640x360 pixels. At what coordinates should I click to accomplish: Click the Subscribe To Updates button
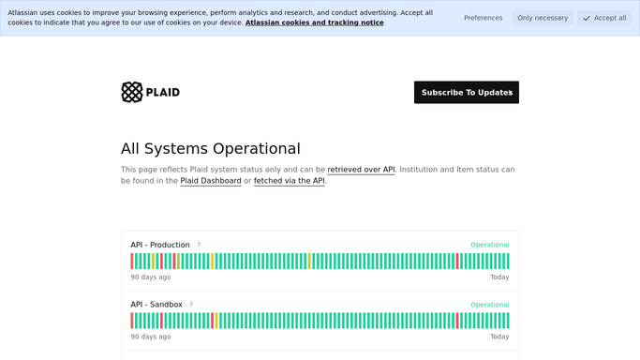[467, 92]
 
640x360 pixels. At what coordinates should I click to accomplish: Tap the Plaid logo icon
[132, 92]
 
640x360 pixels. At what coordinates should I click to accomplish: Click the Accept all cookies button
[604, 18]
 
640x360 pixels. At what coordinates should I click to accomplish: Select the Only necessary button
[543, 18]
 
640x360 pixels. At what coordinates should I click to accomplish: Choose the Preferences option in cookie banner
[483, 18]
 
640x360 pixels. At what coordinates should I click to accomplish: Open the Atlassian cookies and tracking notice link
[314, 22]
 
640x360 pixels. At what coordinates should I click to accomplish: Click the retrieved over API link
[361, 170]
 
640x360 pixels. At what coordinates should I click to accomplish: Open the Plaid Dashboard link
[211, 181]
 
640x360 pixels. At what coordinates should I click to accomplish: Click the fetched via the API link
[290, 181]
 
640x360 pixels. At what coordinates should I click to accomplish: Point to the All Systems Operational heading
[211, 148]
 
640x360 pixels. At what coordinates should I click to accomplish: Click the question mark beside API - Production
[199, 245]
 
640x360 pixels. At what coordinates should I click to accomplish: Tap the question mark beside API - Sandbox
[191, 304]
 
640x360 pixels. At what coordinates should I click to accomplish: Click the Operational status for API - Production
[490, 245]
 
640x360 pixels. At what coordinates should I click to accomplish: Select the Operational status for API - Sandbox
[490, 305]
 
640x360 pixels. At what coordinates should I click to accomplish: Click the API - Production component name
[160, 245]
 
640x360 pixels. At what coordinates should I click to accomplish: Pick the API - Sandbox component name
[156, 305]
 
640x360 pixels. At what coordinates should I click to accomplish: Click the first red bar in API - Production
[132, 262]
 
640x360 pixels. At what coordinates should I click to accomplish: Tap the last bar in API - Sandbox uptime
[508, 321]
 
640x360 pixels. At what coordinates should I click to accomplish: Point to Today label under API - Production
[499, 277]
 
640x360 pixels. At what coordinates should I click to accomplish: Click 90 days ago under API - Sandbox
[151, 337]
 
